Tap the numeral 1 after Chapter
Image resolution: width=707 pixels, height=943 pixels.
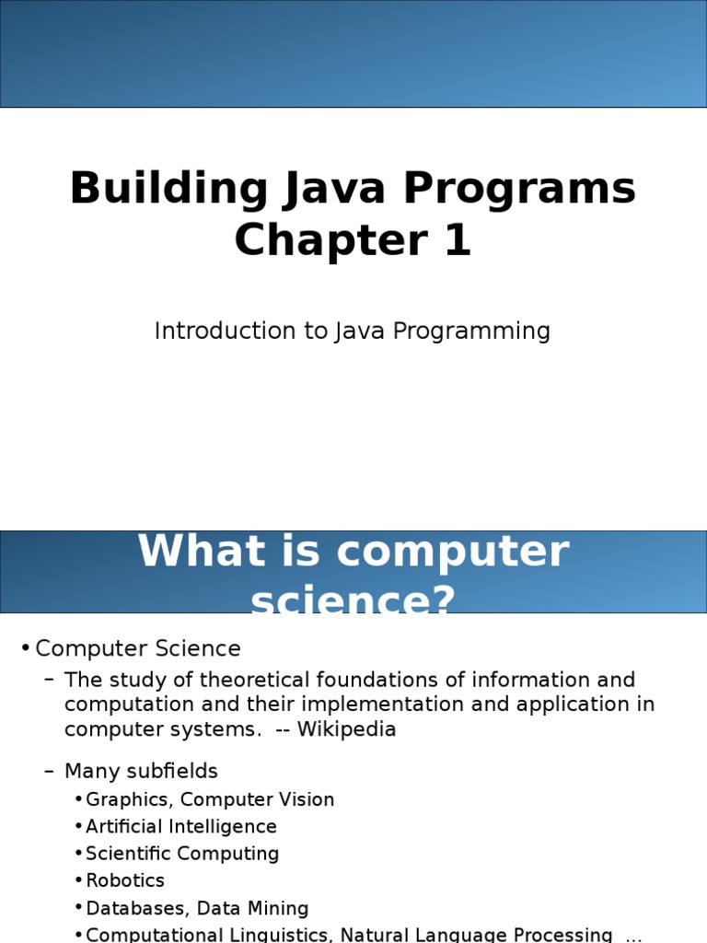[458, 239]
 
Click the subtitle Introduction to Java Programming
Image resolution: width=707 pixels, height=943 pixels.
[353, 332]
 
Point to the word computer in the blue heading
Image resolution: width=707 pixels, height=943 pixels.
[453, 553]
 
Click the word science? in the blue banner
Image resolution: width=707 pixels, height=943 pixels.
[353, 600]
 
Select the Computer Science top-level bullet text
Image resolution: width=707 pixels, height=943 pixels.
[138, 648]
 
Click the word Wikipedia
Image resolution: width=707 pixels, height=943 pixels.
[346, 729]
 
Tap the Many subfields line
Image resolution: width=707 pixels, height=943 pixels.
[141, 771]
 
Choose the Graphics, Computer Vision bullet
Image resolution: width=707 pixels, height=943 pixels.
[210, 800]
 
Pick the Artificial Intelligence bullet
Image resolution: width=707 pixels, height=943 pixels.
[181, 827]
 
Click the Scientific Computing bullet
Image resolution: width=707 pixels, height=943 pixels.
[182, 854]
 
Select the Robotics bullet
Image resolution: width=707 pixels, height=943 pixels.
[125, 880]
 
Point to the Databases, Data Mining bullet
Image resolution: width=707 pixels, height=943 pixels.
[197, 908]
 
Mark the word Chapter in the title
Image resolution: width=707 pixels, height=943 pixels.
[330, 240]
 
